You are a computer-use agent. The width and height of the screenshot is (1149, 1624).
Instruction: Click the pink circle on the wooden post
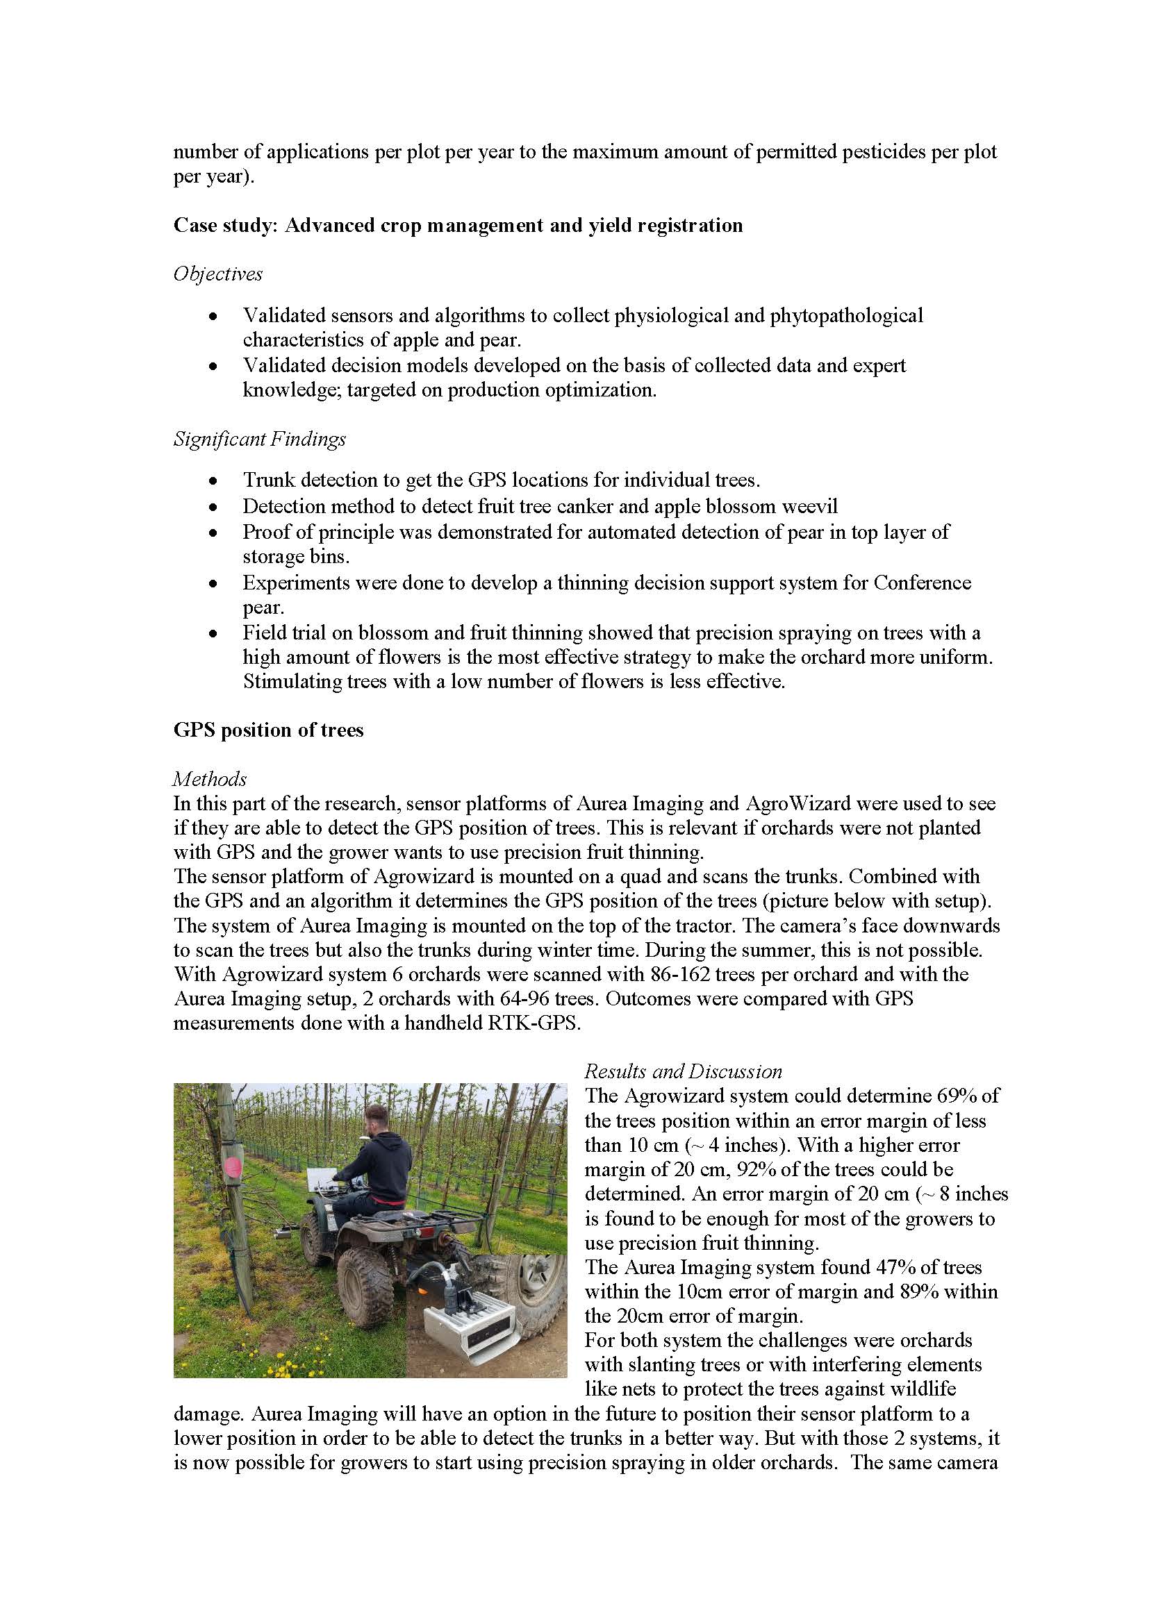coord(233,1165)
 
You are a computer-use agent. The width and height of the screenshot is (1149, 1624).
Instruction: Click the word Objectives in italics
coord(218,274)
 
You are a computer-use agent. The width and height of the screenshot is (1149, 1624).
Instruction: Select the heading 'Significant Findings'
coord(260,440)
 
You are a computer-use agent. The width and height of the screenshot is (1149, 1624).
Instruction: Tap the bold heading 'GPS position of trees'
coord(268,730)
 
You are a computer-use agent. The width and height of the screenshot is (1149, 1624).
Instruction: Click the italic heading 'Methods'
coord(209,779)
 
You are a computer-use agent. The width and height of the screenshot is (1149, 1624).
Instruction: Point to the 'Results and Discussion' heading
coord(683,1071)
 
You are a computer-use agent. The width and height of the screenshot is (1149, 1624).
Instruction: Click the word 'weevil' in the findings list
coord(809,506)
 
